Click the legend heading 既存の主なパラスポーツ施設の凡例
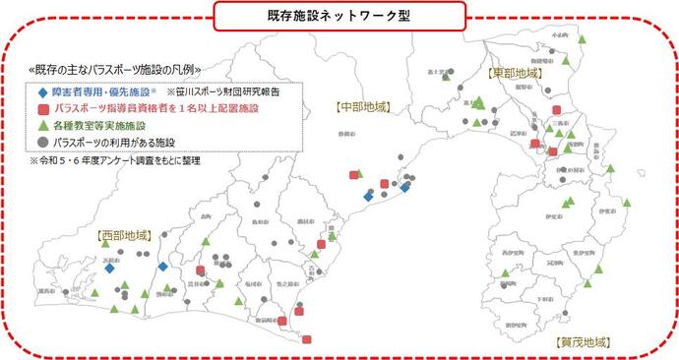pyautogui.click(x=115, y=70)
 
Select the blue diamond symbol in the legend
pyautogui.click(x=42, y=90)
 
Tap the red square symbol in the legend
pyautogui.click(x=42, y=108)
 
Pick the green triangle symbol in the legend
pyautogui.click(x=42, y=125)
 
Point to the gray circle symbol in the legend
pyautogui.click(x=42, y=143)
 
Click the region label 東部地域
pyautogui.click(x=514, y=74)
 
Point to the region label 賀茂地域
pyautogui.click(x=582, y=343)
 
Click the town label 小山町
pyautogui.click(x=561, y=35)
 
